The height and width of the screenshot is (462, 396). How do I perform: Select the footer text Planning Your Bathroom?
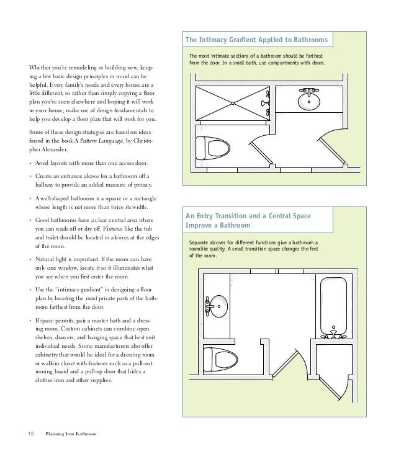[72, 433]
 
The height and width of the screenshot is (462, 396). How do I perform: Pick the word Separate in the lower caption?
[201, 242]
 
